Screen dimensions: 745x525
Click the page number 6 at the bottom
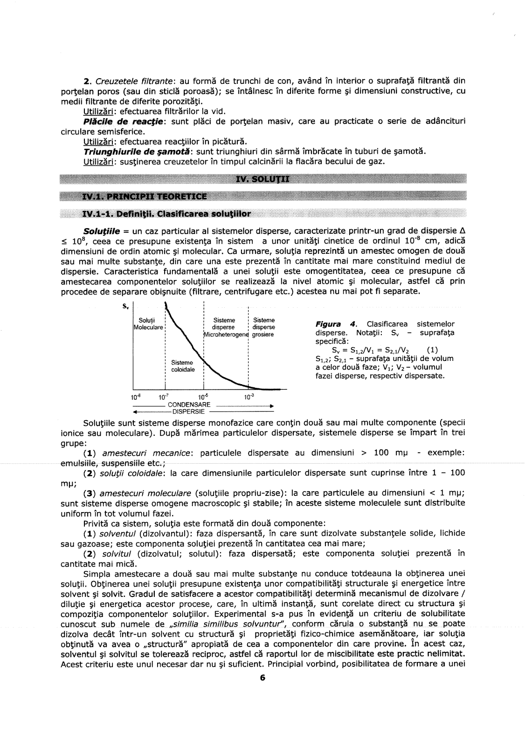[262, 677]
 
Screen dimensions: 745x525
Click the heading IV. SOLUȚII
[262, 180]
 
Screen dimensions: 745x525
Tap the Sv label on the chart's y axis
[125, 306]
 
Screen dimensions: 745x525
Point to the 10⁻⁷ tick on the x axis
[163, 397]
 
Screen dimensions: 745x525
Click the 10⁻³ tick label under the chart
[249, 397]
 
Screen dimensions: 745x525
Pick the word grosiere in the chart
[263, 334]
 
